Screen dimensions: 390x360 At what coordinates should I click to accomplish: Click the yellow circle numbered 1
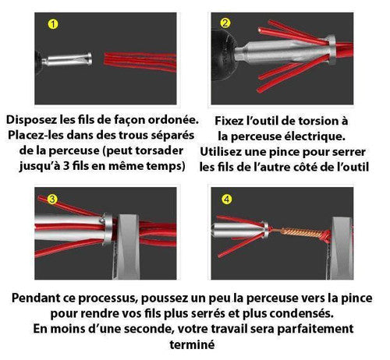point(53,24)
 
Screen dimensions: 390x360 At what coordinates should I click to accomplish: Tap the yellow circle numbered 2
point(225,23)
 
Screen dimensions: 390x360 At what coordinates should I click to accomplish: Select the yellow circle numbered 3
point(52,199)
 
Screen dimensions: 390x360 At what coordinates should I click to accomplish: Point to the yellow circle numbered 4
point(227,199)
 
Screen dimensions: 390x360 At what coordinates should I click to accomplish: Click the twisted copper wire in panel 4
point(302,232)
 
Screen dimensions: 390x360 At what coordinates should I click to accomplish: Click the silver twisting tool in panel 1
point(67,59)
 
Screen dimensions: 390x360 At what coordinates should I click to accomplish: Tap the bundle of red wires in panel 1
point(140,62)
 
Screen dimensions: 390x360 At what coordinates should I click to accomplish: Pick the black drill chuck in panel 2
point(223,55)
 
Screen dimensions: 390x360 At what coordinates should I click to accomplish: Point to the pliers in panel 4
point(341,248)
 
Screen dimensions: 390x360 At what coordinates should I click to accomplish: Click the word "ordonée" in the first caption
point(173,120)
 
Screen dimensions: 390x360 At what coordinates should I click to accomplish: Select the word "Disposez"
point(32,120)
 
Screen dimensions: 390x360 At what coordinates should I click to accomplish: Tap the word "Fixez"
point(229,121)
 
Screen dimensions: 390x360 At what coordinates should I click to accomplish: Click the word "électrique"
point(315,136)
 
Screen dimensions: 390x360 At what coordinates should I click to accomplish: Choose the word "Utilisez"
point(221,152)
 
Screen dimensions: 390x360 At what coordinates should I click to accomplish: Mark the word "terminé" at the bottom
point(192,345)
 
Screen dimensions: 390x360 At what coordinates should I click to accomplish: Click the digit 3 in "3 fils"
point(66,166)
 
